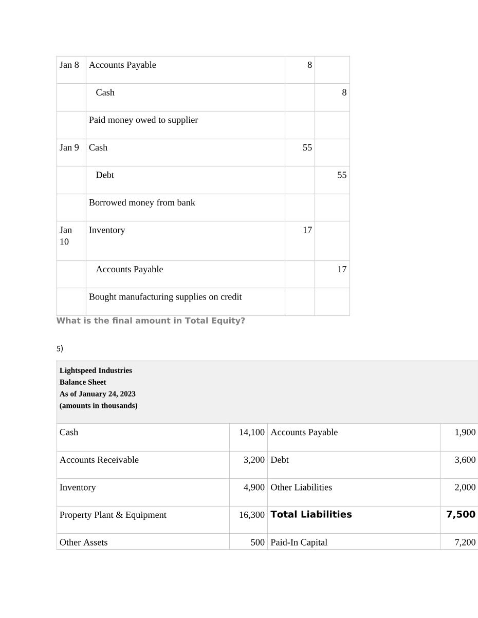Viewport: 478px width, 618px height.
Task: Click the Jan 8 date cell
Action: [x=69, y=65]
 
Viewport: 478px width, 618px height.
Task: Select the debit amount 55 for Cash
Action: [x=307, y=148]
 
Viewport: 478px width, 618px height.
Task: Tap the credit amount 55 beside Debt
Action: [x=342, y=175]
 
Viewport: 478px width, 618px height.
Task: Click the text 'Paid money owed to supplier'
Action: [x=143, y=120]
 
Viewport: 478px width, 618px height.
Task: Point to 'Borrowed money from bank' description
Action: [x=142, y=203]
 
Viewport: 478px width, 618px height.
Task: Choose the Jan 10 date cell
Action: [x=65, y=236]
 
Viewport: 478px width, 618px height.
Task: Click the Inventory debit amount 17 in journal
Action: [x=307, y=231]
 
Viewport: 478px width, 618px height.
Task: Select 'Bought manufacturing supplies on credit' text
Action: [x=165, y=297]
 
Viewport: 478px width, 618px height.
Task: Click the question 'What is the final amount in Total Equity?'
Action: [x=151, y=321]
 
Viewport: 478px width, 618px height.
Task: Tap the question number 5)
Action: [x=60, y=349]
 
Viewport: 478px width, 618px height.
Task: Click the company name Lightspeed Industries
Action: [x=96, y=370]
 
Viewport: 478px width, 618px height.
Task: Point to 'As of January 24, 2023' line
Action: [x=98, y=394]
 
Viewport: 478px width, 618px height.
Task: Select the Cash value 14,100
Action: [x=251, y=433]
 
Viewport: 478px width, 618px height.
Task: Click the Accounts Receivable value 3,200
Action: [x=254, y=460]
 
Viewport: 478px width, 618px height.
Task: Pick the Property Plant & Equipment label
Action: [x=113, y=515]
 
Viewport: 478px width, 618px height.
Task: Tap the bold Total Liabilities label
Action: [x=311, y=515]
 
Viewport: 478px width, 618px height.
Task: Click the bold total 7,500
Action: [x=461, y=515]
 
